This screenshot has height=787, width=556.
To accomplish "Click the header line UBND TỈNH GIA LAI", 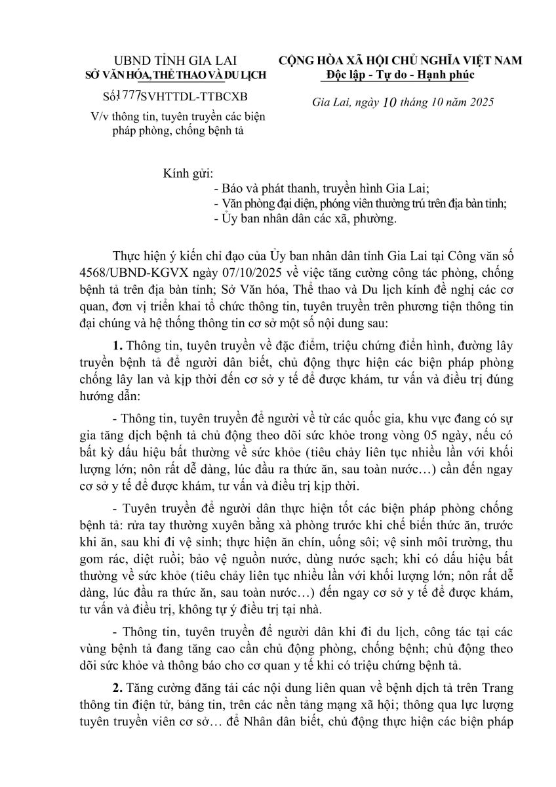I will [x=178, y=60].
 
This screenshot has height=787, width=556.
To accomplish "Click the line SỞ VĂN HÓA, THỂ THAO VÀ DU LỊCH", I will [x=177, y=75].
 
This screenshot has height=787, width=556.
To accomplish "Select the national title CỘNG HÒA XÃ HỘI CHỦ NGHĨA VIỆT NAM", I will [x=401, y=60].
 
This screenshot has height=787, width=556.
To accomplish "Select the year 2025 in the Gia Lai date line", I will [x=479, y=103].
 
